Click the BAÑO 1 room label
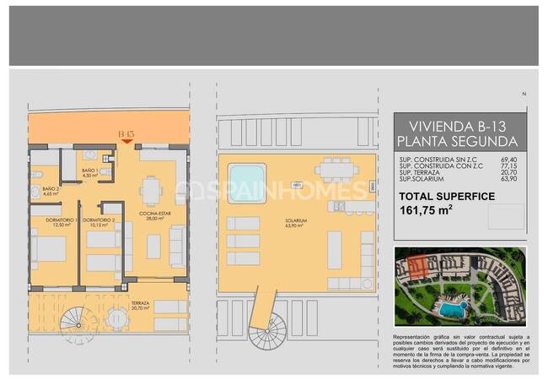click(90, 172)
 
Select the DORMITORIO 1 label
click(62, 222)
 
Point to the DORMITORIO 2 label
click(105, 223)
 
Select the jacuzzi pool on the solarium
click(245, 182)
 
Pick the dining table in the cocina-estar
click(152, 187)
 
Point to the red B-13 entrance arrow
click(126, 141)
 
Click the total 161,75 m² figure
click(427, 212)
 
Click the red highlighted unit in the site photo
click(415, 269)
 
